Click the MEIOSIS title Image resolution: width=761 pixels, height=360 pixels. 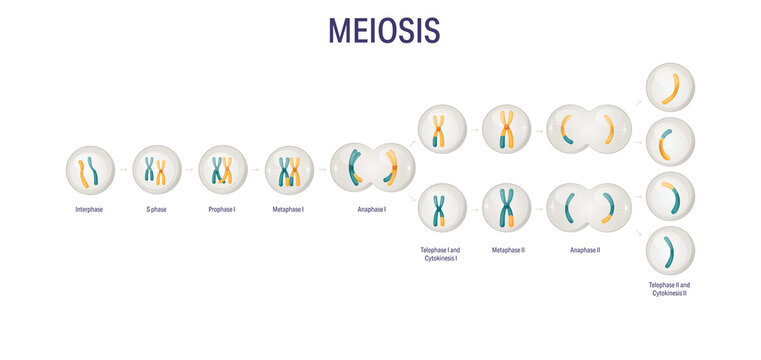384,30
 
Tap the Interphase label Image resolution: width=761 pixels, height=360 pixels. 89,209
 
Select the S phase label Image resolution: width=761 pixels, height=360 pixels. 156,209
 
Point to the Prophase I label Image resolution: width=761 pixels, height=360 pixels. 222,209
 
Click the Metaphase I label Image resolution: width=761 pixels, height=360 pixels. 289,209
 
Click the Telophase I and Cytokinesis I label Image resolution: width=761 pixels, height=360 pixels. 441,253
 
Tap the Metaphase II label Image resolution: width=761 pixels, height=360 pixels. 507,248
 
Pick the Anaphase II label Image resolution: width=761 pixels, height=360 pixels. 584,248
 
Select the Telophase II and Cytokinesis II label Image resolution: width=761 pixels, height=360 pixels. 670,288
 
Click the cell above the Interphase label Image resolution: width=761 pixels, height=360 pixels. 90,170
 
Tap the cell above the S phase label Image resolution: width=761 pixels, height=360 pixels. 157,170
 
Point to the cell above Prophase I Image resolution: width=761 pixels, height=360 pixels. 222,170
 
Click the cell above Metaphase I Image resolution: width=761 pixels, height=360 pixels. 289,170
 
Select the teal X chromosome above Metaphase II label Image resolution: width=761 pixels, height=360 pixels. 507,208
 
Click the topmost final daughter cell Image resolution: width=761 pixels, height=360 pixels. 670,88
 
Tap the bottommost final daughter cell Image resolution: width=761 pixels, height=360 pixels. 670,250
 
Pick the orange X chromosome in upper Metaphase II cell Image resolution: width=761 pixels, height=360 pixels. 507,130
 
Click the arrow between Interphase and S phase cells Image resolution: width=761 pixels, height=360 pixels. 123,170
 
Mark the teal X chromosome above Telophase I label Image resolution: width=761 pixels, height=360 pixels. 441,208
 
